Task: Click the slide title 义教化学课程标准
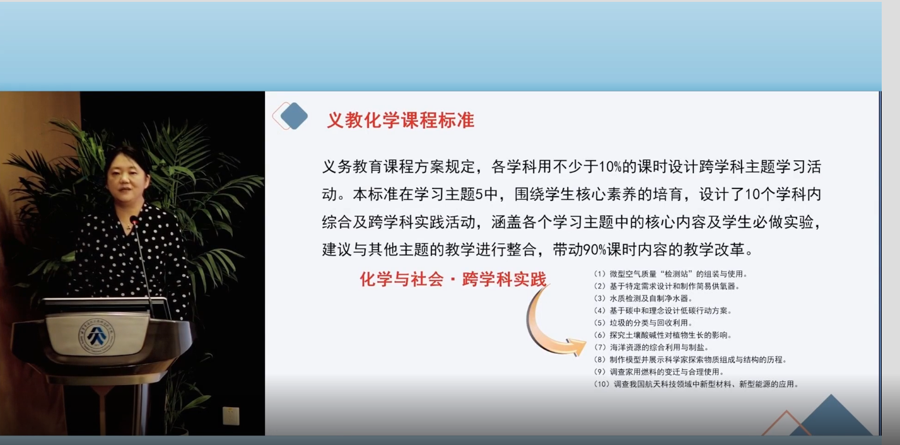[x=400, y=120]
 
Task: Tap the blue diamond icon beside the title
[x=294, y=116]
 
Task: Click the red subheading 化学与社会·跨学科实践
[x=453, y=279]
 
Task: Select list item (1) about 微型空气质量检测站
[x=670, y=274]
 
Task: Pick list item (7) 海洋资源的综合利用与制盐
[x=651, y=347]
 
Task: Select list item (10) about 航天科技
[x=696, y=384]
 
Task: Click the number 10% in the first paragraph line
[x=611, y=166]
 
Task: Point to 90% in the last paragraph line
[x=595, y=250]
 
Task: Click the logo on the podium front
[x=96, y=335]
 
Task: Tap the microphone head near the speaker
[x=134, y=220]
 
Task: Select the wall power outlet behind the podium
[x=231, y=415]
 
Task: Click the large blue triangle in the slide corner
[x=831, y=418]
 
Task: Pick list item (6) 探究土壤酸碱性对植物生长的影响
[x=663, y=335]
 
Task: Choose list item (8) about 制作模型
[x=690, y=360]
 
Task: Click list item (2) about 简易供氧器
[x=667, y=286]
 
